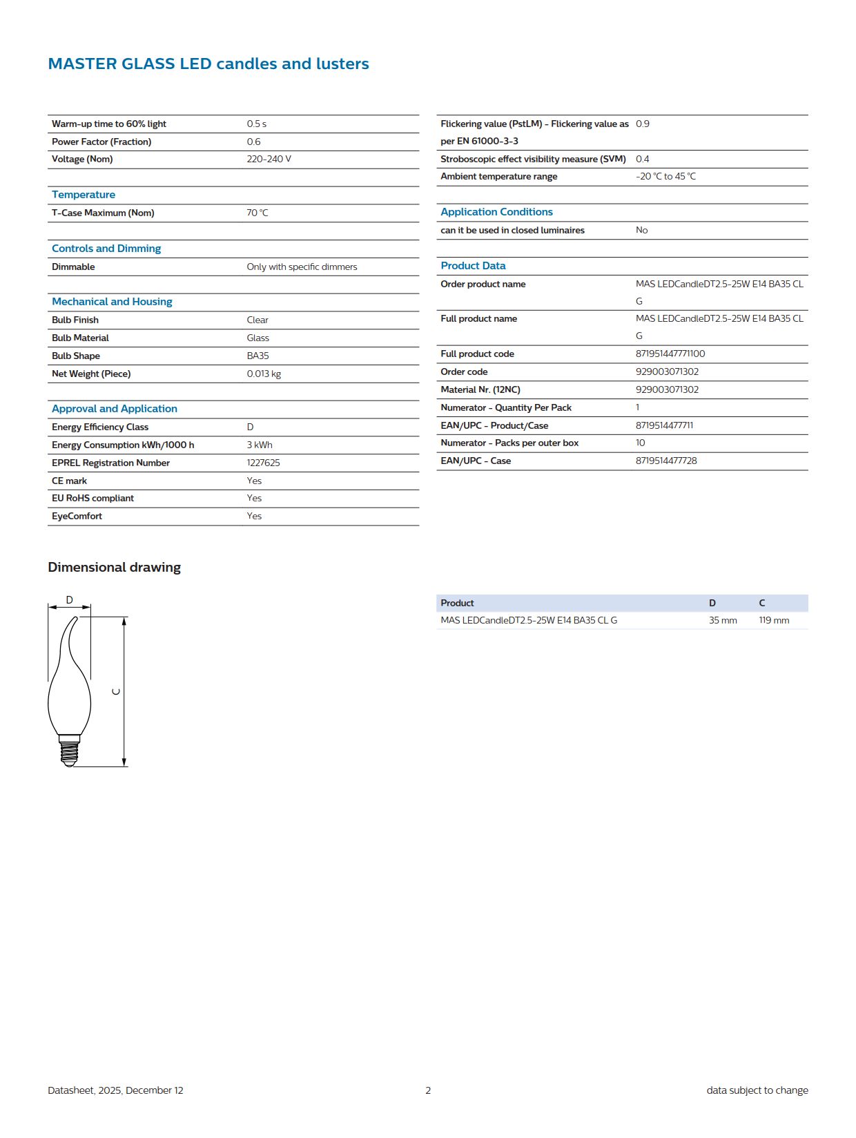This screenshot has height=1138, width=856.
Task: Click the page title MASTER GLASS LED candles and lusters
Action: point(208,64)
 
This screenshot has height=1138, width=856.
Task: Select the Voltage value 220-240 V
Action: point(269,159)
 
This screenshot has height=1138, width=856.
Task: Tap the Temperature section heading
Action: point(84,195)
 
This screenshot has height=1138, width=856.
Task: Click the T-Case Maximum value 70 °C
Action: point(257,213)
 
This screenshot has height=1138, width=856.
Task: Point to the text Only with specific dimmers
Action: point(302,267)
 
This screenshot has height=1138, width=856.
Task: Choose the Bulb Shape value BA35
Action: point(257,356)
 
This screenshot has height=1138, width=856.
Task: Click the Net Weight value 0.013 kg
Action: point(264,374)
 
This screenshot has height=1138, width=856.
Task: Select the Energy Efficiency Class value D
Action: point(250,427)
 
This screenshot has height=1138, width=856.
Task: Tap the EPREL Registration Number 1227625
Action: point(263,463)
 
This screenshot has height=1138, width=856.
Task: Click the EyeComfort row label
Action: point(77,516)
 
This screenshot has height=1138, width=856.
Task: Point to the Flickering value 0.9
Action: point(642,124)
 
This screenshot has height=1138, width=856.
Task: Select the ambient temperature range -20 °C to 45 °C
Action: point(665,176)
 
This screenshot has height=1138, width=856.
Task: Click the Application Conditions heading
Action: point(496,212)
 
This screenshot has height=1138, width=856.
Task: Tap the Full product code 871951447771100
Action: point(670,354)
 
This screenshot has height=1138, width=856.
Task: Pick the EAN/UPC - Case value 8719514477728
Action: point(665,461)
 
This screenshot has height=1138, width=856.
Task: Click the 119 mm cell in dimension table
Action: point(774,620)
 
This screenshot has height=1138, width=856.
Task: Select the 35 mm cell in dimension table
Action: point(723,620)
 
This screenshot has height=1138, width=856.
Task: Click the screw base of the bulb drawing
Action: point(69,751)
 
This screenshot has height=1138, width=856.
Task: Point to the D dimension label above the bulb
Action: point(69,599)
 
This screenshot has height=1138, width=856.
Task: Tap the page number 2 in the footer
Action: point(428,1090)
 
